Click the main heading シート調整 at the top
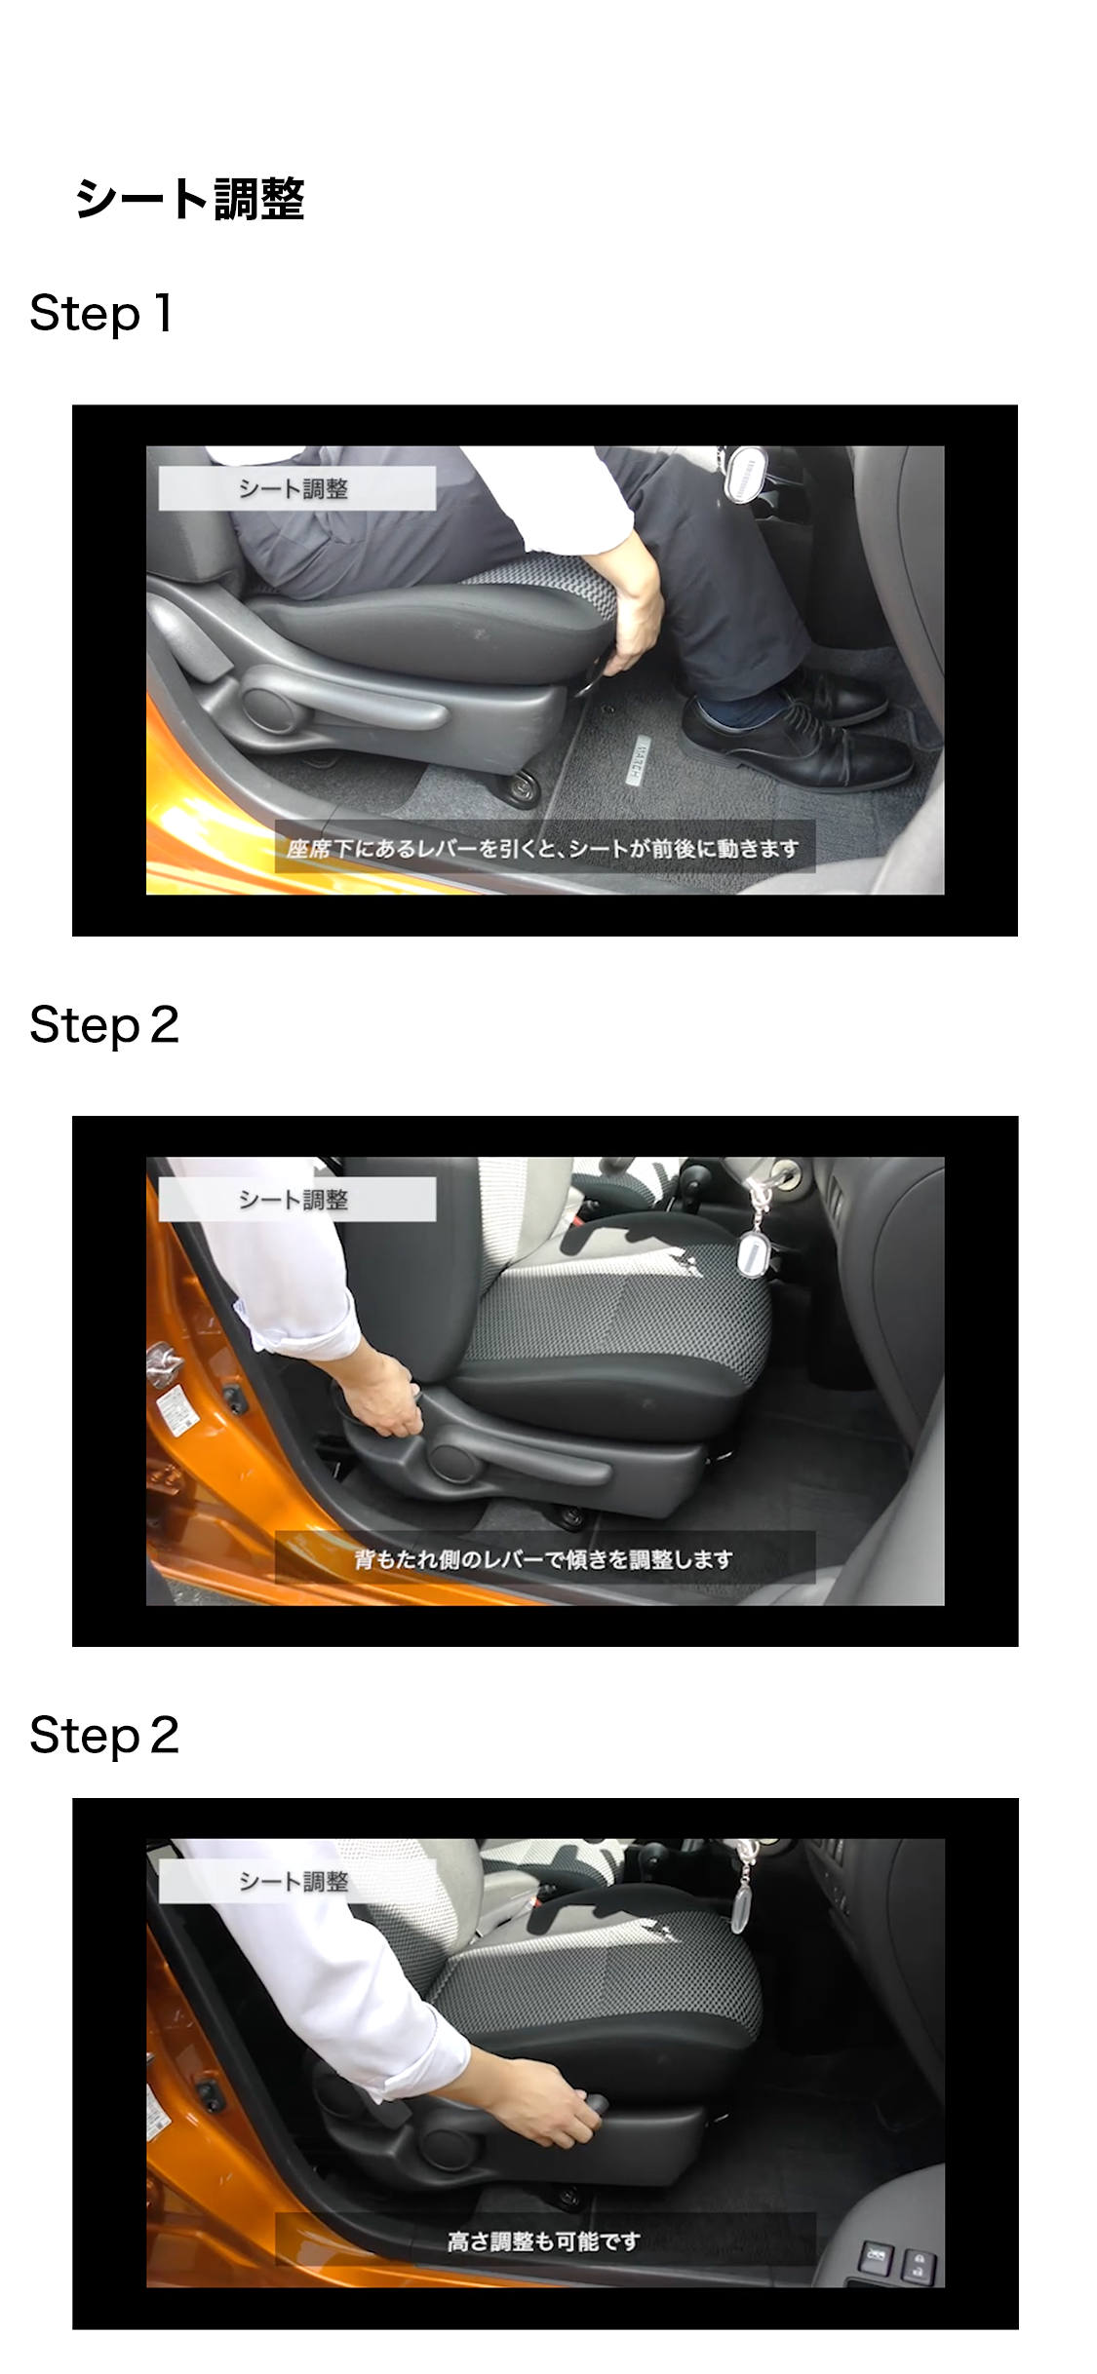coord(190,199)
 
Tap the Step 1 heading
coord(101,314)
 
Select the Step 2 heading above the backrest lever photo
coord(104,1025)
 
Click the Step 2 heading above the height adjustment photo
coord(104,1736)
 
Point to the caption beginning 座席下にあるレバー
coord(544,849)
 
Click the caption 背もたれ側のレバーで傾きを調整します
coord(544,1559)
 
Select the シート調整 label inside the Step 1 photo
coord(294,488)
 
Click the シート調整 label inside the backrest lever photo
coord(294,1200)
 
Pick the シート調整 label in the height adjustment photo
coord(294,1882)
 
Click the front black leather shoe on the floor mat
coord(795,746)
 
